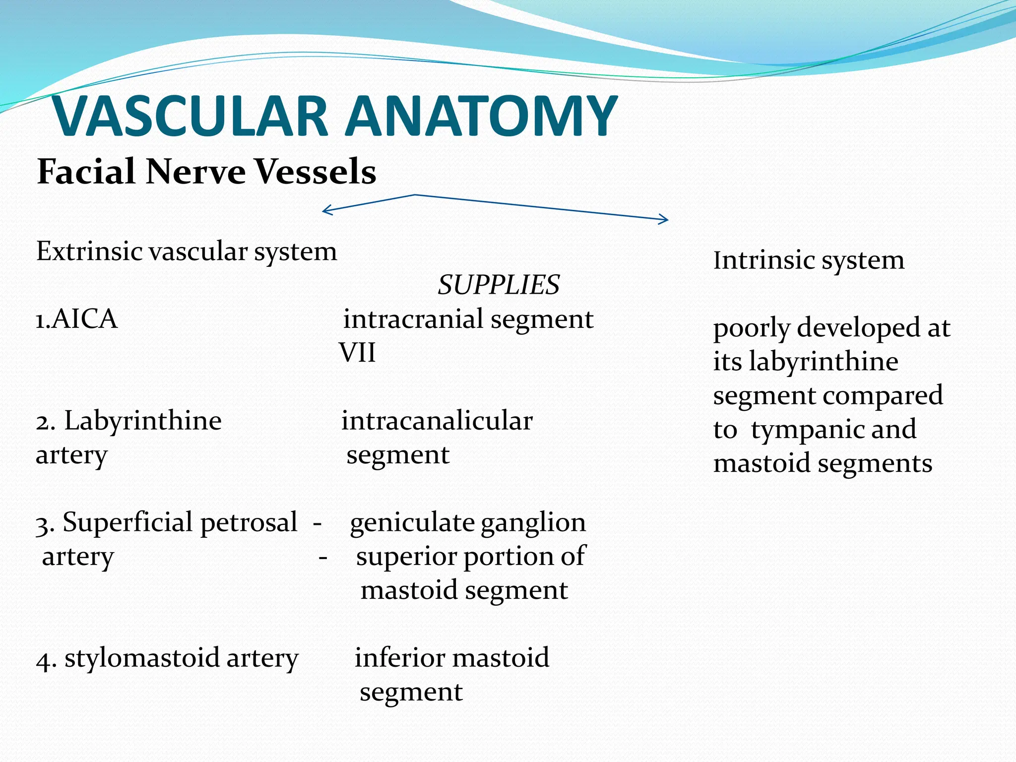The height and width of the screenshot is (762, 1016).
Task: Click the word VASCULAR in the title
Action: pyautogui.click(x=191, y=117)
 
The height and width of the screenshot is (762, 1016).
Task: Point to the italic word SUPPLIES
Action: pyautogui.click(x=499, y=285)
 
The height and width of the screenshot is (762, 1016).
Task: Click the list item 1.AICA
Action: pyautogui.click(x=77, y=319)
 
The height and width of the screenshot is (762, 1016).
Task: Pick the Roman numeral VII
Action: pyautogui.click(x=357, y=353)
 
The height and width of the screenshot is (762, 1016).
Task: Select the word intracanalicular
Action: pyautogui.click(x=437, y=421)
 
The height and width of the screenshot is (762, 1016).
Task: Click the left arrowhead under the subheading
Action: pyautogui.click(x=324, y=210)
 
